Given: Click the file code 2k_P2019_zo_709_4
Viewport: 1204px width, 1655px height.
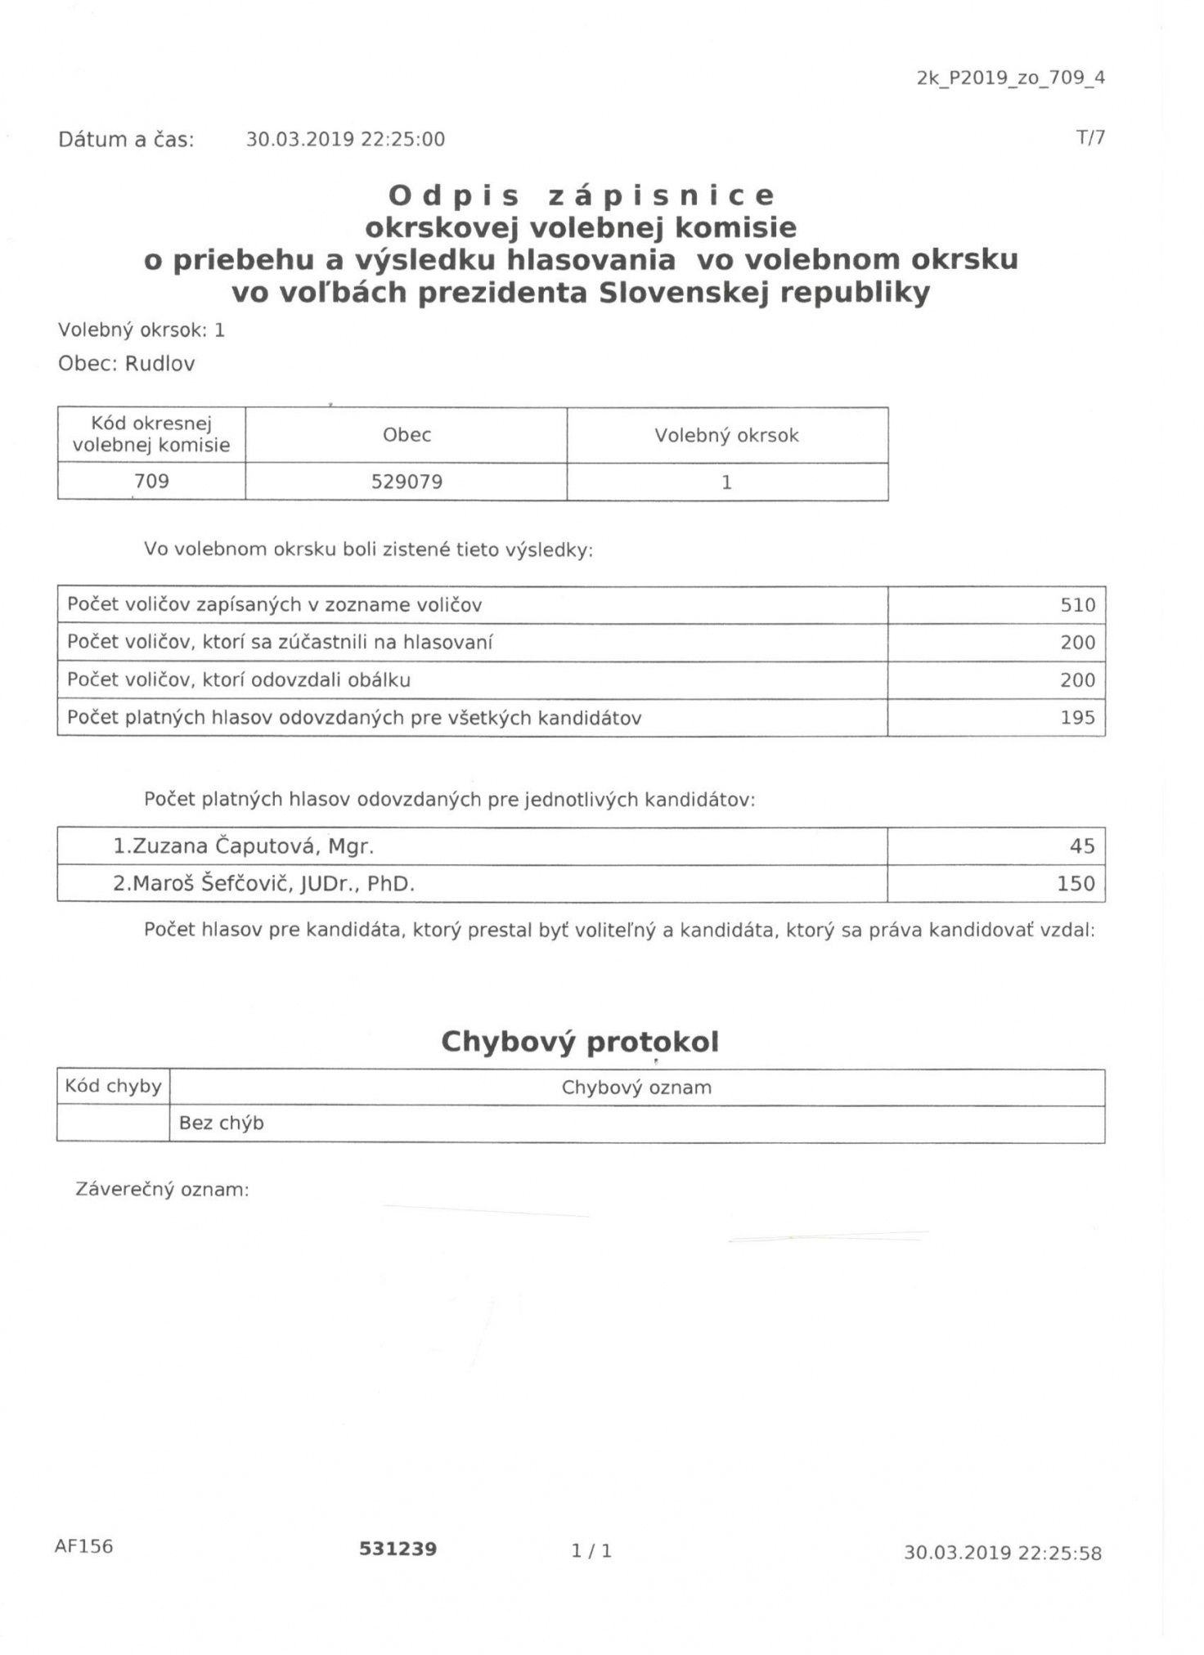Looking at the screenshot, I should (x=1010, y=78).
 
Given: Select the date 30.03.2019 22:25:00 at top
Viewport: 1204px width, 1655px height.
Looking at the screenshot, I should (x=345, y=140).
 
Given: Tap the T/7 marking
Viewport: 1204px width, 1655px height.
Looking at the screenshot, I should (x=1090, y=137).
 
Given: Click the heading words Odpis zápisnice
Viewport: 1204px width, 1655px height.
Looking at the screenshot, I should (x=581, y=196).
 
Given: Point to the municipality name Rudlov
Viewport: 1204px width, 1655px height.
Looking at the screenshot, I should (x=159, y=364).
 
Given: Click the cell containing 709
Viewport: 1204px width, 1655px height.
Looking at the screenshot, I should (x=151, y=481).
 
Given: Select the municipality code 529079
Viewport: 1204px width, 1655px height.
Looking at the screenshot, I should (x=407, y=482).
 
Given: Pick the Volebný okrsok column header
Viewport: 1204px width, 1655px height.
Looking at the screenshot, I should (x=726, y=435).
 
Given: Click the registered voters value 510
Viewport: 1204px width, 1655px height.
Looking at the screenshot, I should (x=1077, y=605).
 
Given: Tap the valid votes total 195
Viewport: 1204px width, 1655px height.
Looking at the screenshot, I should (x=1077, y=718).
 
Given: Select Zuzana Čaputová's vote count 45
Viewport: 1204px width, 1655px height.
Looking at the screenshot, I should (x=1081, y=846).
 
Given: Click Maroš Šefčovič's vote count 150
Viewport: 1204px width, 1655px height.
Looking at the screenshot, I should (x=1076, y=884).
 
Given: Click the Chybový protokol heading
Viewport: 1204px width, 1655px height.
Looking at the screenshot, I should (x=580, y=1042).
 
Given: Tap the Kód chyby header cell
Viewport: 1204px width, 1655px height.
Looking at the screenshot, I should (x=113, y=1087).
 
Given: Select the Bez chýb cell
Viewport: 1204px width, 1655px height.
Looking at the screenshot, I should (x=222, y=1124).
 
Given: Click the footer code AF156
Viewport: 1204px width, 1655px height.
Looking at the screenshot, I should (x=83, y=1546).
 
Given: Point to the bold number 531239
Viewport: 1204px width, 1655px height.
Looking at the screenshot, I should (x=398, y=1549).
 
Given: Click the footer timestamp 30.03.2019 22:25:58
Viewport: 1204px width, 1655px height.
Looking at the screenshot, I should (x=1002, y=1553).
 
